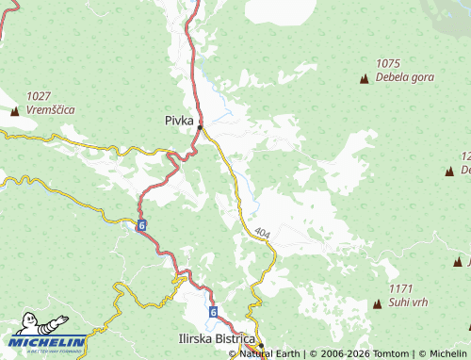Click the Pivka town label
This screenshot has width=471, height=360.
point(179,120)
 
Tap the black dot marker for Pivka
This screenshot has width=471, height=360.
point(200,127)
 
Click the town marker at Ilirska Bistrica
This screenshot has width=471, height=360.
point(260,345)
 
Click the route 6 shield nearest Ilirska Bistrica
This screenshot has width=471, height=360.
point(213,312)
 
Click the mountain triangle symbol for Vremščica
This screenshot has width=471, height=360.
point(14,111)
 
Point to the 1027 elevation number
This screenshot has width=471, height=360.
point(39,96)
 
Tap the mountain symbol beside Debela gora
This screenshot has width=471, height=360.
point(365,77)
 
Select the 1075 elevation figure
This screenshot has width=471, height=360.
point(388,63)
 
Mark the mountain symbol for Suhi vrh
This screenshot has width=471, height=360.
point(378,303)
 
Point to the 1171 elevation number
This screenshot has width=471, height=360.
point(401,289)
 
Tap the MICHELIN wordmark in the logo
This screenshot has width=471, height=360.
point(48,342)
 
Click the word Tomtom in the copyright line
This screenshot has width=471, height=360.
point(387,353)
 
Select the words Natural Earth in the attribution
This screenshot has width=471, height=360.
point(271,353)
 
